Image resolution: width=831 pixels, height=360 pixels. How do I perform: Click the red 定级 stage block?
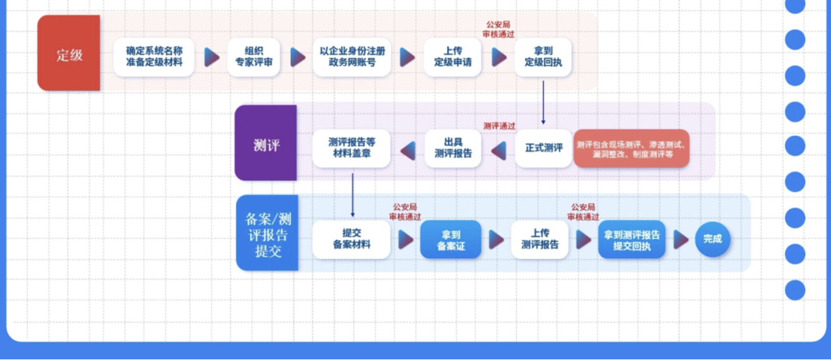pos(69,54)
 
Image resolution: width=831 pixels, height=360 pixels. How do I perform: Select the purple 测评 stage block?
pos(266,144)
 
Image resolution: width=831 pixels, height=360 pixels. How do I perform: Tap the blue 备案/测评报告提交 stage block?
pos(268,233)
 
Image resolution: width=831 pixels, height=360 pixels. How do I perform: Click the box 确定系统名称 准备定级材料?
pos(154,57)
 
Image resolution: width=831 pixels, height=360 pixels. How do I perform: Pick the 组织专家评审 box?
pos(254,57)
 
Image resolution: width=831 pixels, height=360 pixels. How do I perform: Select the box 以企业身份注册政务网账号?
pos(352,57)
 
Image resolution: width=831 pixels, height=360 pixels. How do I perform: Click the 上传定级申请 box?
pos(452,57)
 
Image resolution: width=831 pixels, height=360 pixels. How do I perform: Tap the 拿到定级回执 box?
pos(543,57)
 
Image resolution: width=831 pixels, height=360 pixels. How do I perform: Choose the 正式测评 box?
pos(543,149)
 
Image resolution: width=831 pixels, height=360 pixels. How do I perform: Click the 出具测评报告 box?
pos(453,149)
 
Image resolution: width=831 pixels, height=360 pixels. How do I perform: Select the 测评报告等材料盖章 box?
pos(352,149)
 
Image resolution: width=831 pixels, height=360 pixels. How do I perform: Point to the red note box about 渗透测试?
pos(631,149)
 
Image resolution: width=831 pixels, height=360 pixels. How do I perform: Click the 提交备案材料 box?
pos(352,239)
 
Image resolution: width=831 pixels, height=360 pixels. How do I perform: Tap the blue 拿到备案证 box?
pos(450,239)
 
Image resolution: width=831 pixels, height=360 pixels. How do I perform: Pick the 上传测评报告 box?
pos(539,239)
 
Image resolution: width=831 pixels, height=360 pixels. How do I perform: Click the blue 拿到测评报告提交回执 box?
pos(632,239)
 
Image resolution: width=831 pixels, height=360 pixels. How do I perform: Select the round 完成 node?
pos(712,239)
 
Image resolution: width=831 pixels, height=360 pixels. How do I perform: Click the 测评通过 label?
pos(499,126)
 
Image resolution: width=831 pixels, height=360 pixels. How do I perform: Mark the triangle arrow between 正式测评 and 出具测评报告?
pos(499,151)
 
